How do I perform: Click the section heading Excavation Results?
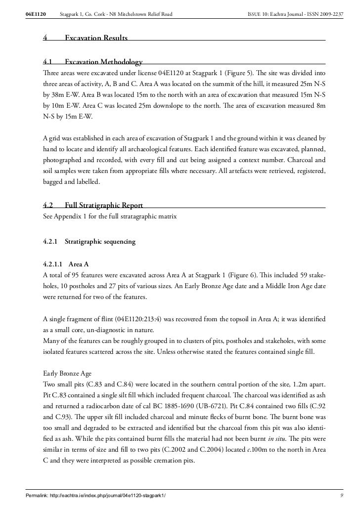(96, 38)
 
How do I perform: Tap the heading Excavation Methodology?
(104, 62)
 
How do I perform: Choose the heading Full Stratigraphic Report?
(104, 206)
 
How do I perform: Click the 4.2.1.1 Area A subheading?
(66, 264)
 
